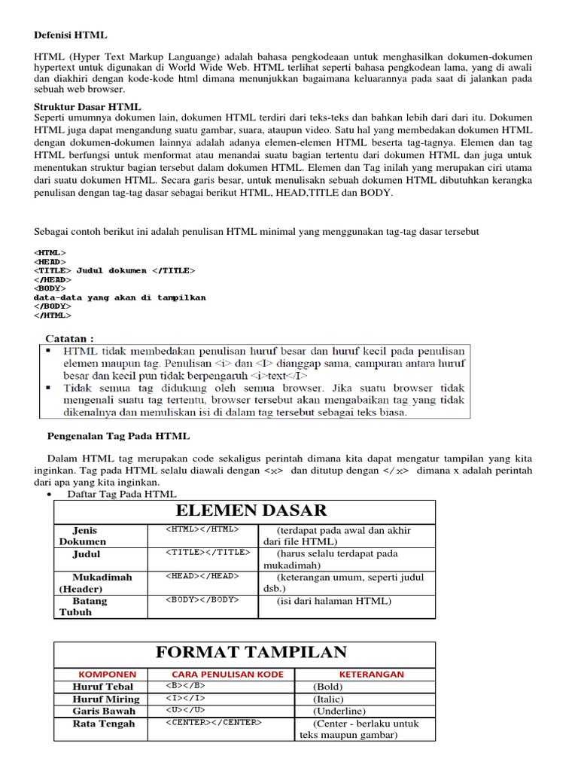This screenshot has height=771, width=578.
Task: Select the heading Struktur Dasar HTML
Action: tap(88, 107)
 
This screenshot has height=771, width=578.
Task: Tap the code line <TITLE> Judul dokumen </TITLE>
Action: tap(114, 270)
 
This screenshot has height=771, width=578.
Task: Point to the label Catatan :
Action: tap(70, 338)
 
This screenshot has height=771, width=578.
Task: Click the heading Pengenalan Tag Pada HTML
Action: tap(118, 436)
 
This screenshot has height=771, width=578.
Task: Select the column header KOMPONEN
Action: tap(108, 675)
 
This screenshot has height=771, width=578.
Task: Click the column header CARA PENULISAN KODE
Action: tap(228, 675)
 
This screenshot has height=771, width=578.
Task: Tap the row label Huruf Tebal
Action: tap(102, 687)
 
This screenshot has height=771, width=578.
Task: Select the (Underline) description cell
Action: tap(339, 711)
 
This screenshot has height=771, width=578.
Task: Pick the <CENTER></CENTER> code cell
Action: tap(214, 723)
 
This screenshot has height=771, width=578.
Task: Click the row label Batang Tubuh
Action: tap(83, 606)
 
